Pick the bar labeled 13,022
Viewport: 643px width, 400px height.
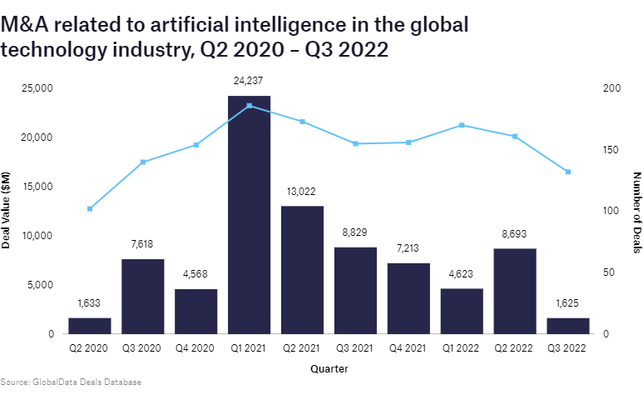pyautogui.click(x=302, y=270)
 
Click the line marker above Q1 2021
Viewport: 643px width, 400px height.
pyautogui.click(x=250, y=106)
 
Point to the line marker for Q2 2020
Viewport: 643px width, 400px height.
pyautogui.click(x=90, y=208)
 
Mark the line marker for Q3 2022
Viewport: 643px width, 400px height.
pyautogui.click(x=568, y=172)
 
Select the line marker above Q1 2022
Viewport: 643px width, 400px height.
pyautogui.click(x=462, y=125)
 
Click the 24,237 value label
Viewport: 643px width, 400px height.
pyautogui.click(x=249, y=81)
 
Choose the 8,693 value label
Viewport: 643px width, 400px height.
pyautogui.click(x=515, y=234)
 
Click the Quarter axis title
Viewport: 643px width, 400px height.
pyautogui.click(x=329, y=367)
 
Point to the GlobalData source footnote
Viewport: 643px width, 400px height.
pyautogui.click(x=71, y=382)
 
